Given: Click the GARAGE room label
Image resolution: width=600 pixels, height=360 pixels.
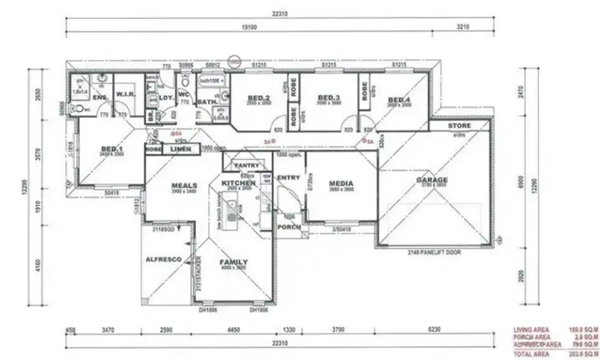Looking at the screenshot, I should click(x=431, y=180).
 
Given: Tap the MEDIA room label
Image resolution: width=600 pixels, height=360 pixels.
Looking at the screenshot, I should click(x=342, y=184).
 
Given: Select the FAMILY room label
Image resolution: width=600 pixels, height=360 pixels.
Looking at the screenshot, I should click(x=234, y=262).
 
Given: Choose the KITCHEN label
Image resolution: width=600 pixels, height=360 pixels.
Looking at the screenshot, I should click(x=238, y=183).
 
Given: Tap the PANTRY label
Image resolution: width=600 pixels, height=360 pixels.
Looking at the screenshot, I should click(x=242, y=166).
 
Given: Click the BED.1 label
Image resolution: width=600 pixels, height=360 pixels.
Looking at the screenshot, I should click(x=112, y=149).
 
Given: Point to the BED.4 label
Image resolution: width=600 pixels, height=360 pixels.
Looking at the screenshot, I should click(x=398, y=98).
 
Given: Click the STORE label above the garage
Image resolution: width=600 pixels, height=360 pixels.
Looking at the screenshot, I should click(x=458, y=126).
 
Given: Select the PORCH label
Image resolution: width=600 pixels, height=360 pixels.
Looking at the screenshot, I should click(x=288, y=226).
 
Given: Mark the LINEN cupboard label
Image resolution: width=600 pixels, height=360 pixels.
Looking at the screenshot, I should click(x=181, y=149).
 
